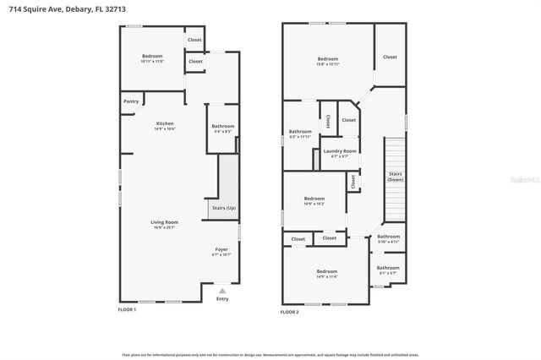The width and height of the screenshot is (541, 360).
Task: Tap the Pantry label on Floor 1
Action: [131, 101]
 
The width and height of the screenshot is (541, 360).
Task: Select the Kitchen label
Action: [165, 123]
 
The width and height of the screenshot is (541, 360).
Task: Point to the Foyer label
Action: [221, 249]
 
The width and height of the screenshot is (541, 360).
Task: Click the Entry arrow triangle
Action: [222, 289]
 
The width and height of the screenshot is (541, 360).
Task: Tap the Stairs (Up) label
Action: [223, 208]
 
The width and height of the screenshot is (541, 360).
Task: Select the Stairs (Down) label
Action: [395, 176]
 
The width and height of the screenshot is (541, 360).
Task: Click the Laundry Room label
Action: [340, 151]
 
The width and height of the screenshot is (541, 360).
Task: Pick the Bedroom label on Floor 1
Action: [153, 56]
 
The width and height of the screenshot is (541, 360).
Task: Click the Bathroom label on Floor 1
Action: [223, 126]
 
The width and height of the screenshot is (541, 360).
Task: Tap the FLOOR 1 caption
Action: [127, 310]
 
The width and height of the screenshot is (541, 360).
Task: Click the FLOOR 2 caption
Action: [290, 312]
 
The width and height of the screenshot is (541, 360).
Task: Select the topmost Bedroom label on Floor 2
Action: [327, 58]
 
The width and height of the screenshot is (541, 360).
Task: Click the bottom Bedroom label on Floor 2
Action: [326, 271]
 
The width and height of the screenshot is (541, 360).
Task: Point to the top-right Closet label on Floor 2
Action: [389, 57]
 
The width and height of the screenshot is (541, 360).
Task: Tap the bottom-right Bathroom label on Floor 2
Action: [389, 268]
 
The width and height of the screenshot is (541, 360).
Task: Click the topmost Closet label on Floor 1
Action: [194, 40]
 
